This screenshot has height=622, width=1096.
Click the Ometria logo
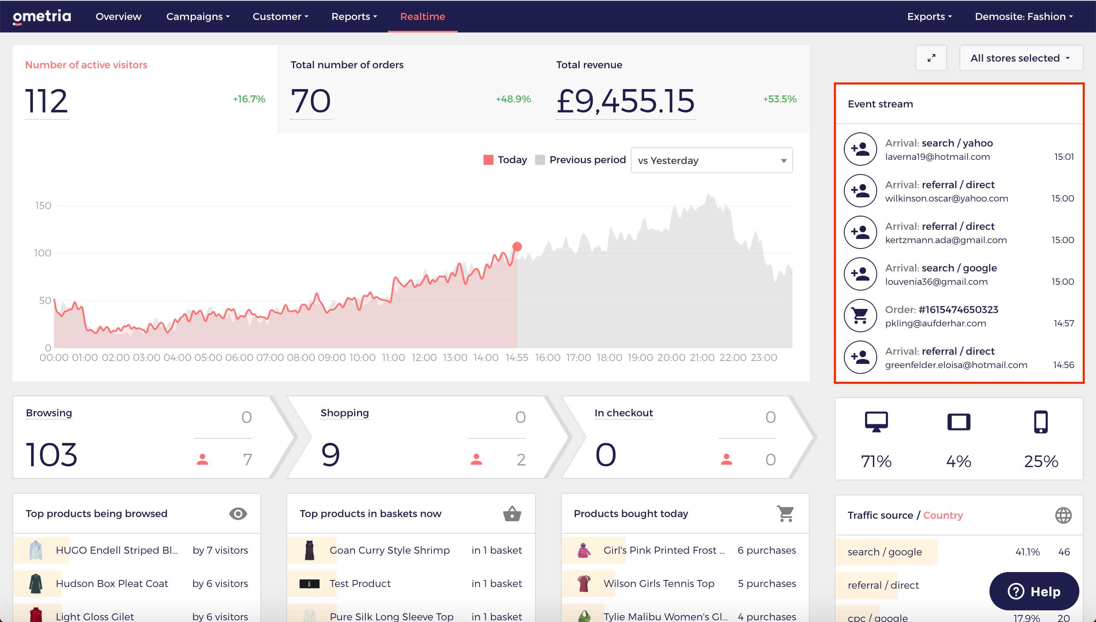tap(42, 17)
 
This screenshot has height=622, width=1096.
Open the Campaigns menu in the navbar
tap(198, 17)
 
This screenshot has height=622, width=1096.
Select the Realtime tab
tap(423, 17)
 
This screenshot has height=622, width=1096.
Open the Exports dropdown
tap(930, 17)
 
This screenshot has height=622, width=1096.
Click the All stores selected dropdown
tap(1021, 58)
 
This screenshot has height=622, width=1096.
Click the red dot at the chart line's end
tap(517, 246)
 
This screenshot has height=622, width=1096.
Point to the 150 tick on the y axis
tap(43, 206)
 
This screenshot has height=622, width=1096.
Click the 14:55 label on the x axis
tap(517, 358)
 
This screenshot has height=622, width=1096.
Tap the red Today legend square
tap(488, 160)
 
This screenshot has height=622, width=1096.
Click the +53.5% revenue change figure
tap(780, 99)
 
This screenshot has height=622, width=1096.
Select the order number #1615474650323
tap(958, 310)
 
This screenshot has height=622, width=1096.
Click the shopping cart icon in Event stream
tap(860, 316)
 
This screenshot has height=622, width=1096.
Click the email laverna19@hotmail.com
tap(937, 157)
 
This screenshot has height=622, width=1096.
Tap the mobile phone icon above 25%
tap(1041, 422)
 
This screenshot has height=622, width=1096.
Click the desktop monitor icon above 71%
tap(876, 422)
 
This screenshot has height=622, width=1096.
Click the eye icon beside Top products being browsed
tap(238, 513)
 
